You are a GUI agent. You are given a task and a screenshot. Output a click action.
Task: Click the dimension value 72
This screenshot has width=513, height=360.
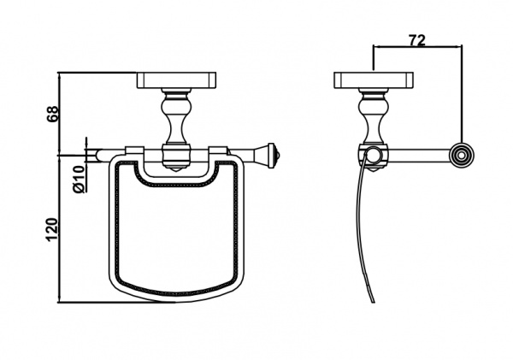pos(417,39)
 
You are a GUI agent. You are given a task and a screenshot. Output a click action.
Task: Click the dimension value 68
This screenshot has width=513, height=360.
pos(53,114)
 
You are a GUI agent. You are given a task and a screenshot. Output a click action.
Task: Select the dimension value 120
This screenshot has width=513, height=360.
pos(52,230)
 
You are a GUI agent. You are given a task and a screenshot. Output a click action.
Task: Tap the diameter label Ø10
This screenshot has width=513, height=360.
pos(79,179)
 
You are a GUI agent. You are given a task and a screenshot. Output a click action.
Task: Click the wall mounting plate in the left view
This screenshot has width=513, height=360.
pos(176,80)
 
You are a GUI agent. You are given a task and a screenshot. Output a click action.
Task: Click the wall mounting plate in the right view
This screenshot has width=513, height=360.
pos(374,80)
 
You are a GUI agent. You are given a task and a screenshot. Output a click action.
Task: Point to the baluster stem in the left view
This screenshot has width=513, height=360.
pos(176,116)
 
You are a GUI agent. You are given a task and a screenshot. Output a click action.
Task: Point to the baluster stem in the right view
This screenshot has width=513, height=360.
pos(374,116)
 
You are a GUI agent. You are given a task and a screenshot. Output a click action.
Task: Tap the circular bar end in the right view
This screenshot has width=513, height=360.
pos(461,156)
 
